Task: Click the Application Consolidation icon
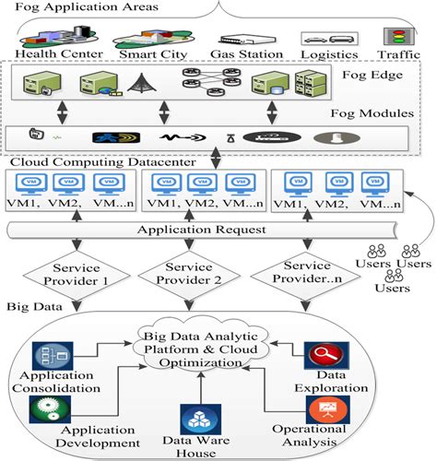coord(47,355)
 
